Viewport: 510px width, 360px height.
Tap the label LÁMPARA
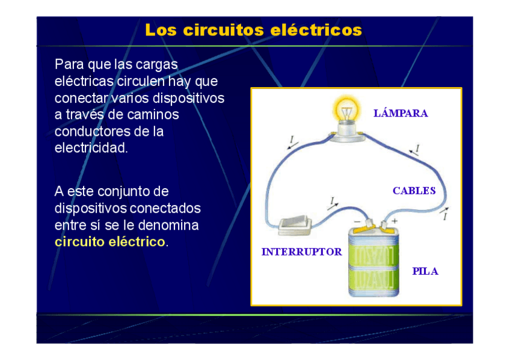pos(401,113)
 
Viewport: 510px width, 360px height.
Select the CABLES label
pos(414,191)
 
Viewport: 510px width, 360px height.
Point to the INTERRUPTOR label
pos(301,252)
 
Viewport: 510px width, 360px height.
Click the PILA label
pos(425,271)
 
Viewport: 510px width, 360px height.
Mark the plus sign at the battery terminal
pos(395,221)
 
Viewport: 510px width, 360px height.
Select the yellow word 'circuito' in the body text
pos(78,242)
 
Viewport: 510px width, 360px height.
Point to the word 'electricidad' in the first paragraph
pos(91,148)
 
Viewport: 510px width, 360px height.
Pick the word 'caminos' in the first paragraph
pos(155,114)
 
